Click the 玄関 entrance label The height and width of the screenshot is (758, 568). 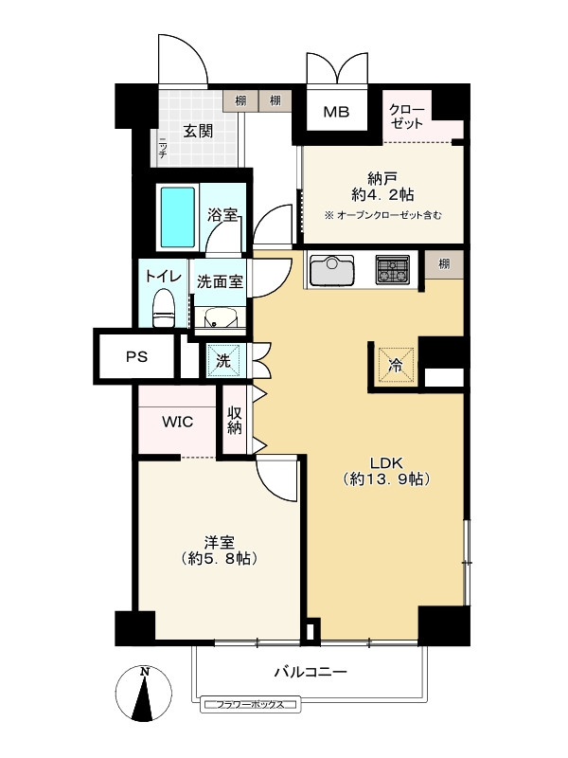[198, 130]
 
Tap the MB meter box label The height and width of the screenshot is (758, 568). [337, 113]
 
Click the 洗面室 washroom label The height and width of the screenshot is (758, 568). [221, 281]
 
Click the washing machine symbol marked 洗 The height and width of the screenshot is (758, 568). [224, 360]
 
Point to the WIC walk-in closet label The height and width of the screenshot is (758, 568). [177, 422]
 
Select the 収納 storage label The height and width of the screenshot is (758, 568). [234, 421]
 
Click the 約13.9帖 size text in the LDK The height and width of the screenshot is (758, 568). [386, 480]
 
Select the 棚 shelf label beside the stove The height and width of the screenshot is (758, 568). [444, 264]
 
